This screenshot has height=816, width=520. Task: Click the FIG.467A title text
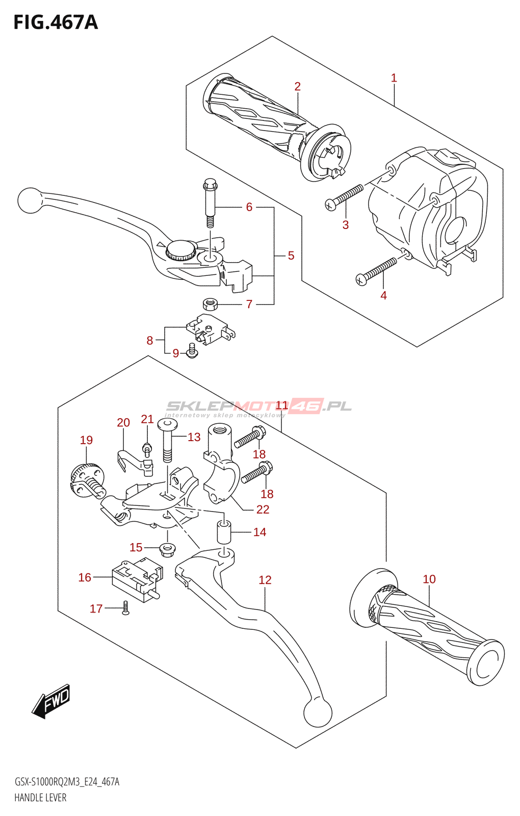coord(56,22)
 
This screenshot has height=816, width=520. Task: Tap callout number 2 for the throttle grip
coord(297,87)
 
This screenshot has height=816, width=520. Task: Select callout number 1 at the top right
coord(394,78)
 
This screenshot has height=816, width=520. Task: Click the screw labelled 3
coord(345,198)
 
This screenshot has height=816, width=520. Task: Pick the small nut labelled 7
coord(210,304)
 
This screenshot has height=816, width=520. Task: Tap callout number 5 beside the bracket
coord(291,256)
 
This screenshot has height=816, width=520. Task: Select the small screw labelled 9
coord(192,351)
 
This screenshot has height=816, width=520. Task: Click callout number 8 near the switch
coord(149,341)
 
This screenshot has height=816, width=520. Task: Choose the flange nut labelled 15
coord(167,550)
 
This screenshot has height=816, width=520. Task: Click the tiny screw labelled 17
coord(125,607)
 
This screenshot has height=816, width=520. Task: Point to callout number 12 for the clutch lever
coord(265,580)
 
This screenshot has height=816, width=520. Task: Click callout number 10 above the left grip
coord(429,579)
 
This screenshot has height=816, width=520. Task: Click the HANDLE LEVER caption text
coord(40,798)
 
